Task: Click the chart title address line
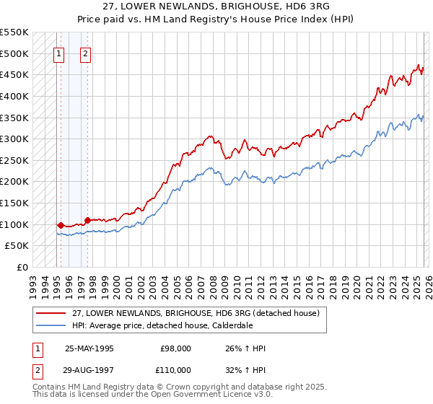coord(216,6)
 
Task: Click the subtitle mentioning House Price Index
coord(216,18)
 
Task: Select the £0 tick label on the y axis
coord(22,267)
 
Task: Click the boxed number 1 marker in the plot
coord(58,53)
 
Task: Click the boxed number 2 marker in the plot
coord(85,53)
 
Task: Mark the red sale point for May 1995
coord(61,225)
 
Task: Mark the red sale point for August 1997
coord(87,220)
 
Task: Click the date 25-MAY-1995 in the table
coord(89,348)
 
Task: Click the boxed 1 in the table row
coord(38,348)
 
